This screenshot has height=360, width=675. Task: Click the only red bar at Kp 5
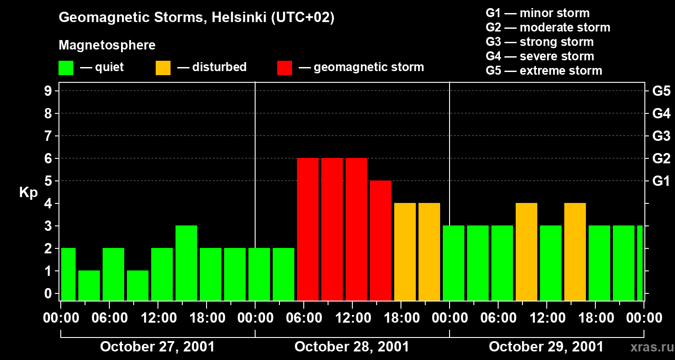point(381,240)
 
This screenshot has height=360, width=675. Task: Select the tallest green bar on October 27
point(186,263)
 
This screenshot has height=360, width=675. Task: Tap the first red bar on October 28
point(308,229)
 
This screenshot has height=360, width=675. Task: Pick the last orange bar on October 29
point(575,252)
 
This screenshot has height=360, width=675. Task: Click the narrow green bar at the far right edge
point(640,263)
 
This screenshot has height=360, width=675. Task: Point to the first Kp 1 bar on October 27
point(89,285)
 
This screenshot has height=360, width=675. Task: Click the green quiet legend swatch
point(66,68)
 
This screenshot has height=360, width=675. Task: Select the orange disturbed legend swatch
point(163,68)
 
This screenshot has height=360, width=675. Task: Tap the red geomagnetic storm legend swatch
point(285,68)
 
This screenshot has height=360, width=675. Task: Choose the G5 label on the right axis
point(661,91)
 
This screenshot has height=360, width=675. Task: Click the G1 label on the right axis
point(661,181)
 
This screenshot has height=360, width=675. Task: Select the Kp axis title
point(28,193)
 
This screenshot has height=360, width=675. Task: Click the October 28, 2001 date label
point(352,347)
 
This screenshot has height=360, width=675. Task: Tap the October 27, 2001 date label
point(157,347)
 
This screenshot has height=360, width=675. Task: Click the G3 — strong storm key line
point(540,42)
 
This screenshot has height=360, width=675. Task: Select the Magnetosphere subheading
point(107,45)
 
